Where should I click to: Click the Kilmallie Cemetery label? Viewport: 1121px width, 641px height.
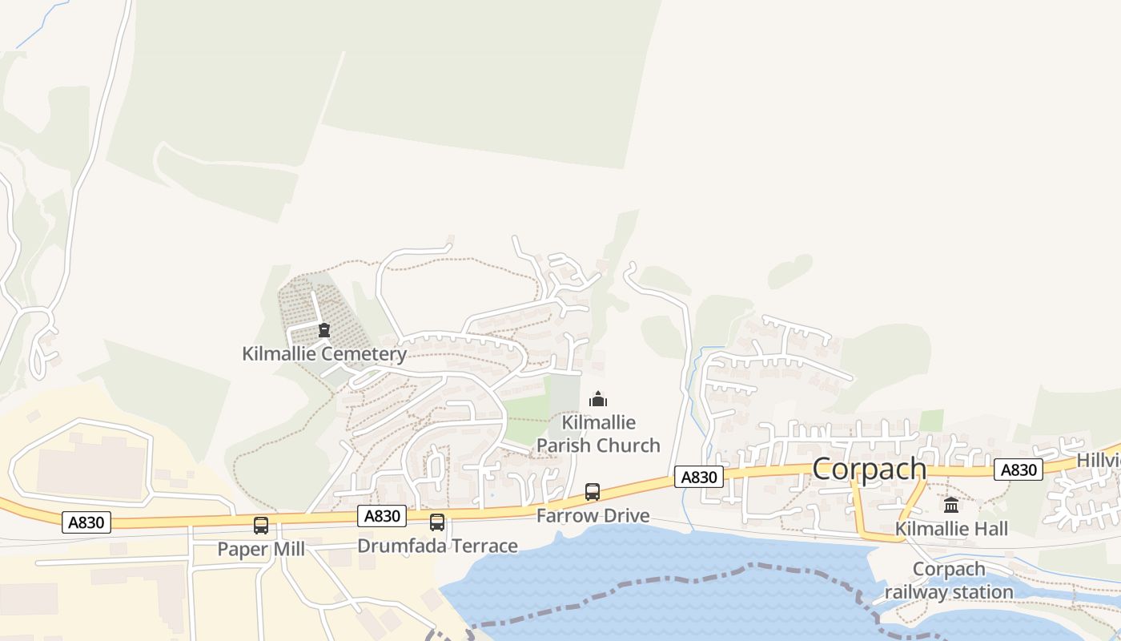point(324,353)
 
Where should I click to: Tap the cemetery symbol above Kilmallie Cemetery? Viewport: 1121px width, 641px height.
point(324,330)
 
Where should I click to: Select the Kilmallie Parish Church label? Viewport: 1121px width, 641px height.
point(598,433)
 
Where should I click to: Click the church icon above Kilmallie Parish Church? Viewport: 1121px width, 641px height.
point(598,399)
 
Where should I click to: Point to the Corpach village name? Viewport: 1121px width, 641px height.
point(870,469)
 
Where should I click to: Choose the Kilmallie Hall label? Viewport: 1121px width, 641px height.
point(951,529)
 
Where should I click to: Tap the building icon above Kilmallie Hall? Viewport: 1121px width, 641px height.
point(951,505)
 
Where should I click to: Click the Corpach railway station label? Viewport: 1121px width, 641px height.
point(949,581)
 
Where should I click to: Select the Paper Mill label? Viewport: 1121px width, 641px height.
point(261,549)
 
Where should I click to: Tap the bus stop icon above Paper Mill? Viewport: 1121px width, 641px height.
point(261,526)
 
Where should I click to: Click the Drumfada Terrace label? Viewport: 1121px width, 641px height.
point(437,546)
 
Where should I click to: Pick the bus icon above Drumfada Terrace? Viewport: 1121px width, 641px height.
point(437,522)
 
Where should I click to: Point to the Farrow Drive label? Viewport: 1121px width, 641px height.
point(593,515)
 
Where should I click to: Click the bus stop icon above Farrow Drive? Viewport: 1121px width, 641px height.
point(593,492)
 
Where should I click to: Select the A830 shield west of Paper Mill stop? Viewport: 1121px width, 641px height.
point(86,522)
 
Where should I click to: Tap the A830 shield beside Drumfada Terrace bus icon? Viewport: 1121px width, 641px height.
point(382,516)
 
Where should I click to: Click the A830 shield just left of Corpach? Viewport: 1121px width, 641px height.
point(699,477)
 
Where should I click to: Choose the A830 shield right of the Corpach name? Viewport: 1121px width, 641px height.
point(1019,470)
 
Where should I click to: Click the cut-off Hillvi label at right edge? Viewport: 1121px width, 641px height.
point(1098,461)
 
